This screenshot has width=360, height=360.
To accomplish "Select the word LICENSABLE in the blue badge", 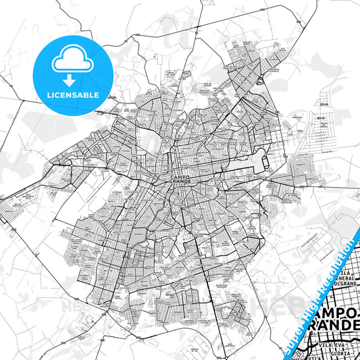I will point(72,95).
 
